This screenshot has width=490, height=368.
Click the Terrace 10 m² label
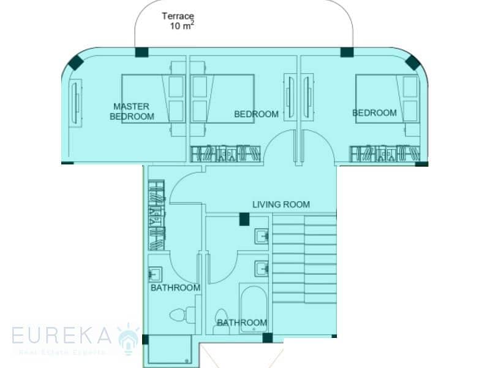[178, 21]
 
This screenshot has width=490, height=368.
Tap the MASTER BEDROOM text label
[132, 111]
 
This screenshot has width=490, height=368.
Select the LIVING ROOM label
[281, 204]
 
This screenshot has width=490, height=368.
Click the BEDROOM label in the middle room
[256, 114]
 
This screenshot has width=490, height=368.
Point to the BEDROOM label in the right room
[374, 113]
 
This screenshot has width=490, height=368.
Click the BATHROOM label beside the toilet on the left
[175, 288]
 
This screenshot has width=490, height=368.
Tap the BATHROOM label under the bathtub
[242, 323]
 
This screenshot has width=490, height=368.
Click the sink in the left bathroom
[156, 275]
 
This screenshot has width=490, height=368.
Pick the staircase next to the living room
[304, 258]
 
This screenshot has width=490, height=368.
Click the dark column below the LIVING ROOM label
[244, 218]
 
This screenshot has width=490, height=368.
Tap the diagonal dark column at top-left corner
[75, 62]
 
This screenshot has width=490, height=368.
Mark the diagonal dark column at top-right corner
[412, 62]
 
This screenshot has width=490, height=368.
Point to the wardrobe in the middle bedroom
[225, 153]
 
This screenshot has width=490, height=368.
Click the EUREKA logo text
[61, 335]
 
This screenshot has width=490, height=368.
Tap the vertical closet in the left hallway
[156, 215]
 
